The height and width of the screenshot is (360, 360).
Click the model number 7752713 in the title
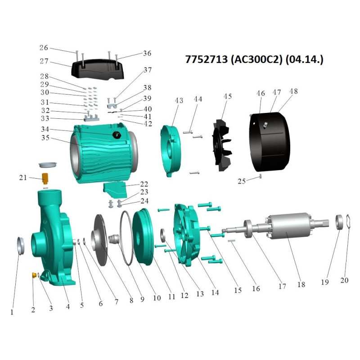[x=206, y=59]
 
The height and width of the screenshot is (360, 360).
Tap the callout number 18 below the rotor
[x=301, y=284]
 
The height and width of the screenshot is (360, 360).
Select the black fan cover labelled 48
[x=270, y=142]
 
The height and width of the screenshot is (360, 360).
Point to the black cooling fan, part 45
[x=222, y=145]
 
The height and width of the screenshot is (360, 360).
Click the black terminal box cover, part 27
[x=98, y=69]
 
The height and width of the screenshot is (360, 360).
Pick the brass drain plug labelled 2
[x=35, y=275]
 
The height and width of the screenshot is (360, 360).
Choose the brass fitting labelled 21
[x=45, y=178]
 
